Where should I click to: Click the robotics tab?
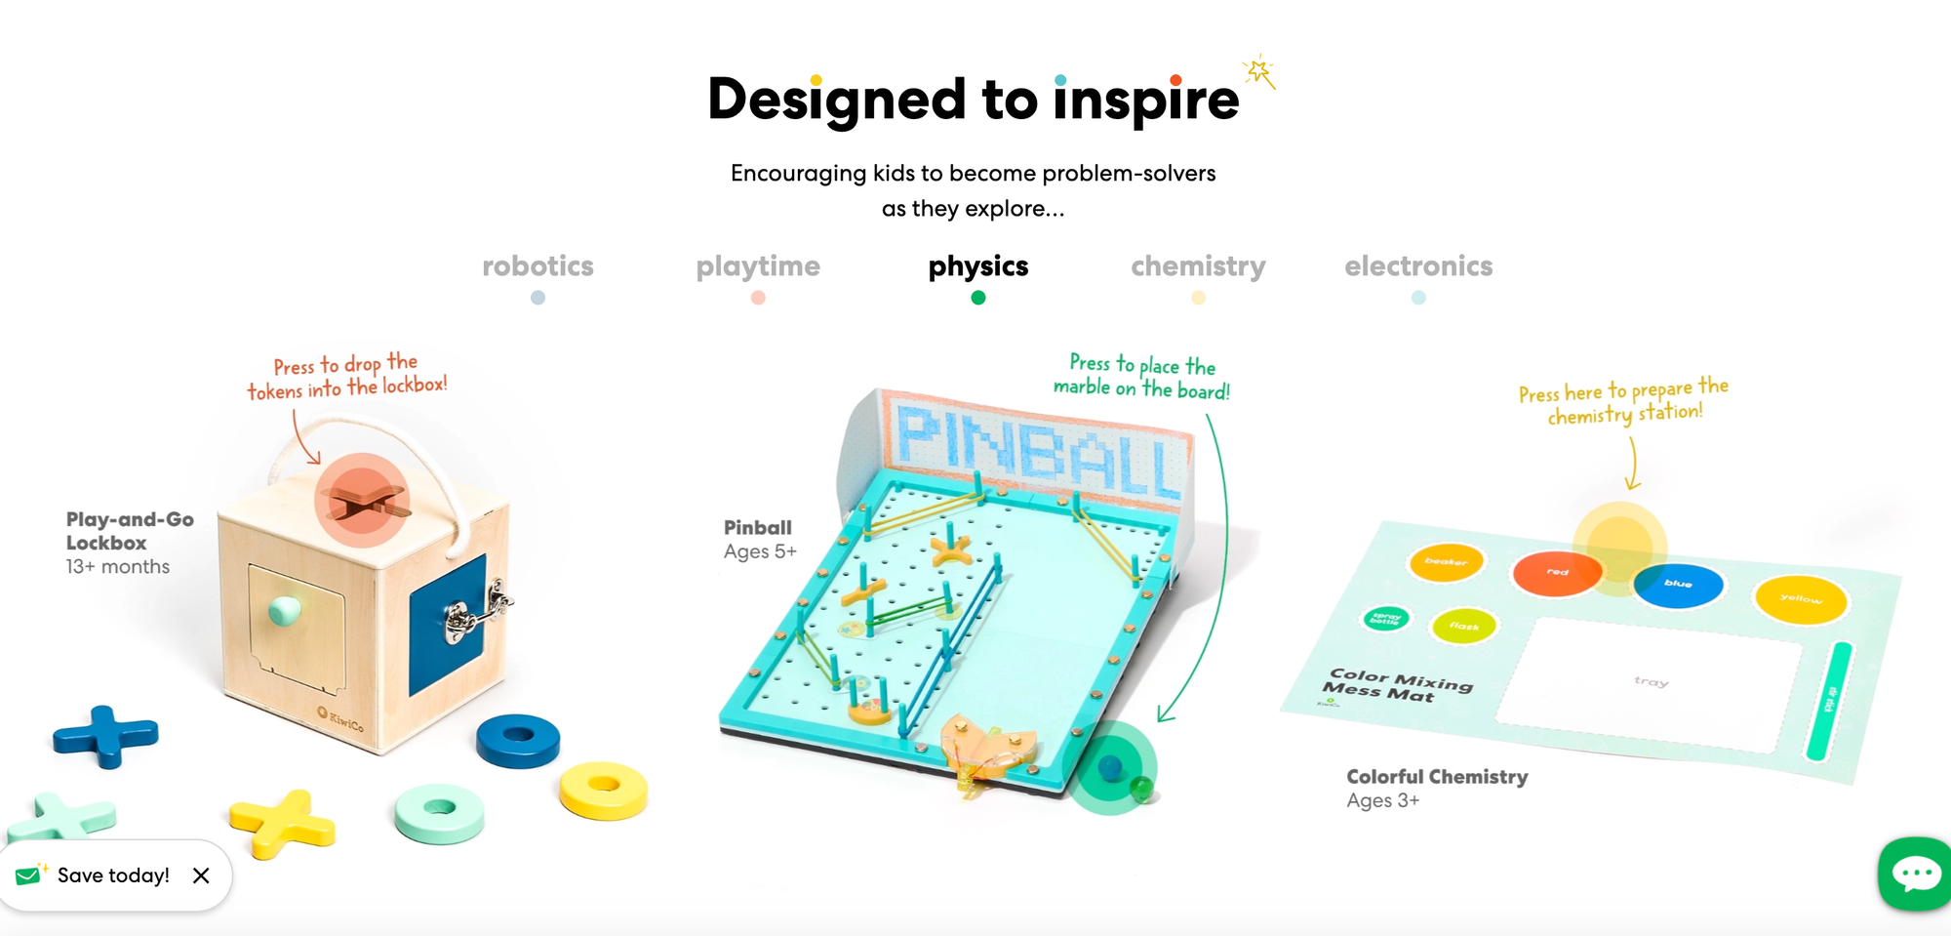[538, 266]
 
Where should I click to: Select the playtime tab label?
[758, 266]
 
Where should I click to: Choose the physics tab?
[978, 266]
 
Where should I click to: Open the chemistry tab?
[1198, 266]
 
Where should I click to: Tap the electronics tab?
[1418, 266]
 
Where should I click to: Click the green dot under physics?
[978, 298]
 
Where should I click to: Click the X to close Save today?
[201, 875]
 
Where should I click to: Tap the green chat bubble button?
[1916, 874]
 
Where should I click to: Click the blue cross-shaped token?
[105, 735]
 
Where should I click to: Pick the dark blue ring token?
[518, 739]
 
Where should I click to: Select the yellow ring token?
[603, 788]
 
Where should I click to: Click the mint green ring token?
[439, 811]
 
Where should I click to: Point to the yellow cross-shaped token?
[283, 822]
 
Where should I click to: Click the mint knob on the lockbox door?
[285, 610]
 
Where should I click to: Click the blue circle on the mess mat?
[1678, 584]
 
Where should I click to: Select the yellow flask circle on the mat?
[1463, 626]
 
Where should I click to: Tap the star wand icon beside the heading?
[1259, 71]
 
